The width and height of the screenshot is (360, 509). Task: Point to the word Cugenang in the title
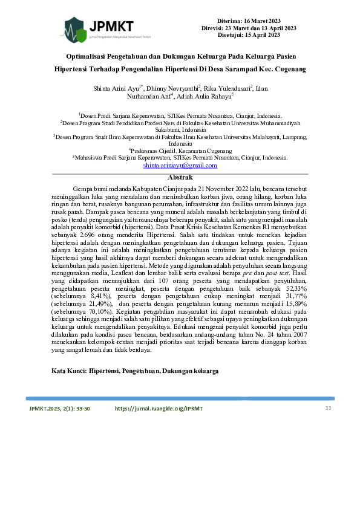pyautogui.click(x=289, y=69)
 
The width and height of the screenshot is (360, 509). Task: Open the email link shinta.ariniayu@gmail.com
pyautogui.click(x=180, y=165)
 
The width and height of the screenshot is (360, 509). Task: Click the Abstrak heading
pyautogui.click(x=180, y=177)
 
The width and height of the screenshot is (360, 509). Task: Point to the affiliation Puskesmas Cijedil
pyautogui.click(x=152, y=151)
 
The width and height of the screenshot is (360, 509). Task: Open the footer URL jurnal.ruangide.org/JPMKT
pyautogui.click(x=159, y=409)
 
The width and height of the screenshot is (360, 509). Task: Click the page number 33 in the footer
pyautogui.click(x=329, y=409)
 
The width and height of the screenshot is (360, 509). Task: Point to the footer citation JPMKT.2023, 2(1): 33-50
pyautogui.click(x=59, y=409)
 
